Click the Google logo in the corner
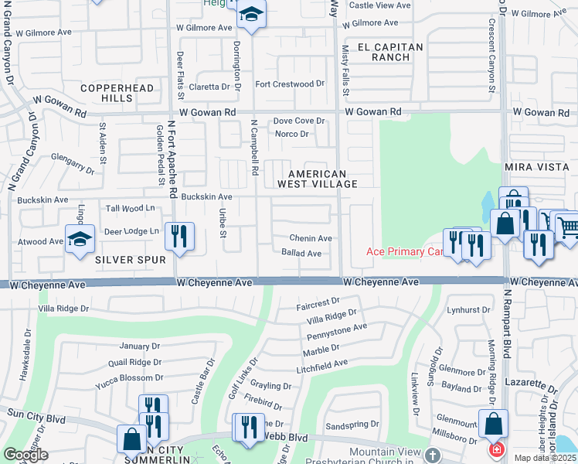pos(25,455)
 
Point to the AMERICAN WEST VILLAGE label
pos(323,179)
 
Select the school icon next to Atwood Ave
pos(80,240)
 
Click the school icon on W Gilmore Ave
pos(251,15)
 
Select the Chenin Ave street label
pos(311,238)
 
